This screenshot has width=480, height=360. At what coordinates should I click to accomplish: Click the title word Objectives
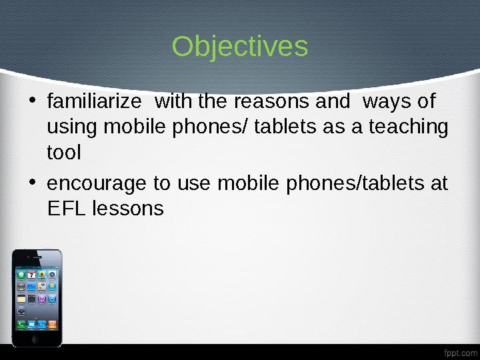click(x=240, y=47)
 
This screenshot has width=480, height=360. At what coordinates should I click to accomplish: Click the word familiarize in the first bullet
click(x=94, y=102)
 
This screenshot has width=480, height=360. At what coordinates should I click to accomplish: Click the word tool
click(x=64, y=153)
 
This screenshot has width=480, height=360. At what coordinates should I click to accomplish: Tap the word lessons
click(x=128, y=209)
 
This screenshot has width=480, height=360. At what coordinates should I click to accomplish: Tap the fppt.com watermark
click(x=460, y=351)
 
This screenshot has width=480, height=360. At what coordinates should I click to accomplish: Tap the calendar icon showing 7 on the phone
click(x=31, y=275)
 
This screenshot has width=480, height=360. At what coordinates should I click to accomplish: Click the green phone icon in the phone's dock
click(x=21, y=325)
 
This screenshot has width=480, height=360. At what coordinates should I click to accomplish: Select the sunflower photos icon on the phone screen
click(x=42, y=275)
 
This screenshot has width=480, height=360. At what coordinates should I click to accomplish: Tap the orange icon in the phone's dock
click(x=52, y=325)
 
